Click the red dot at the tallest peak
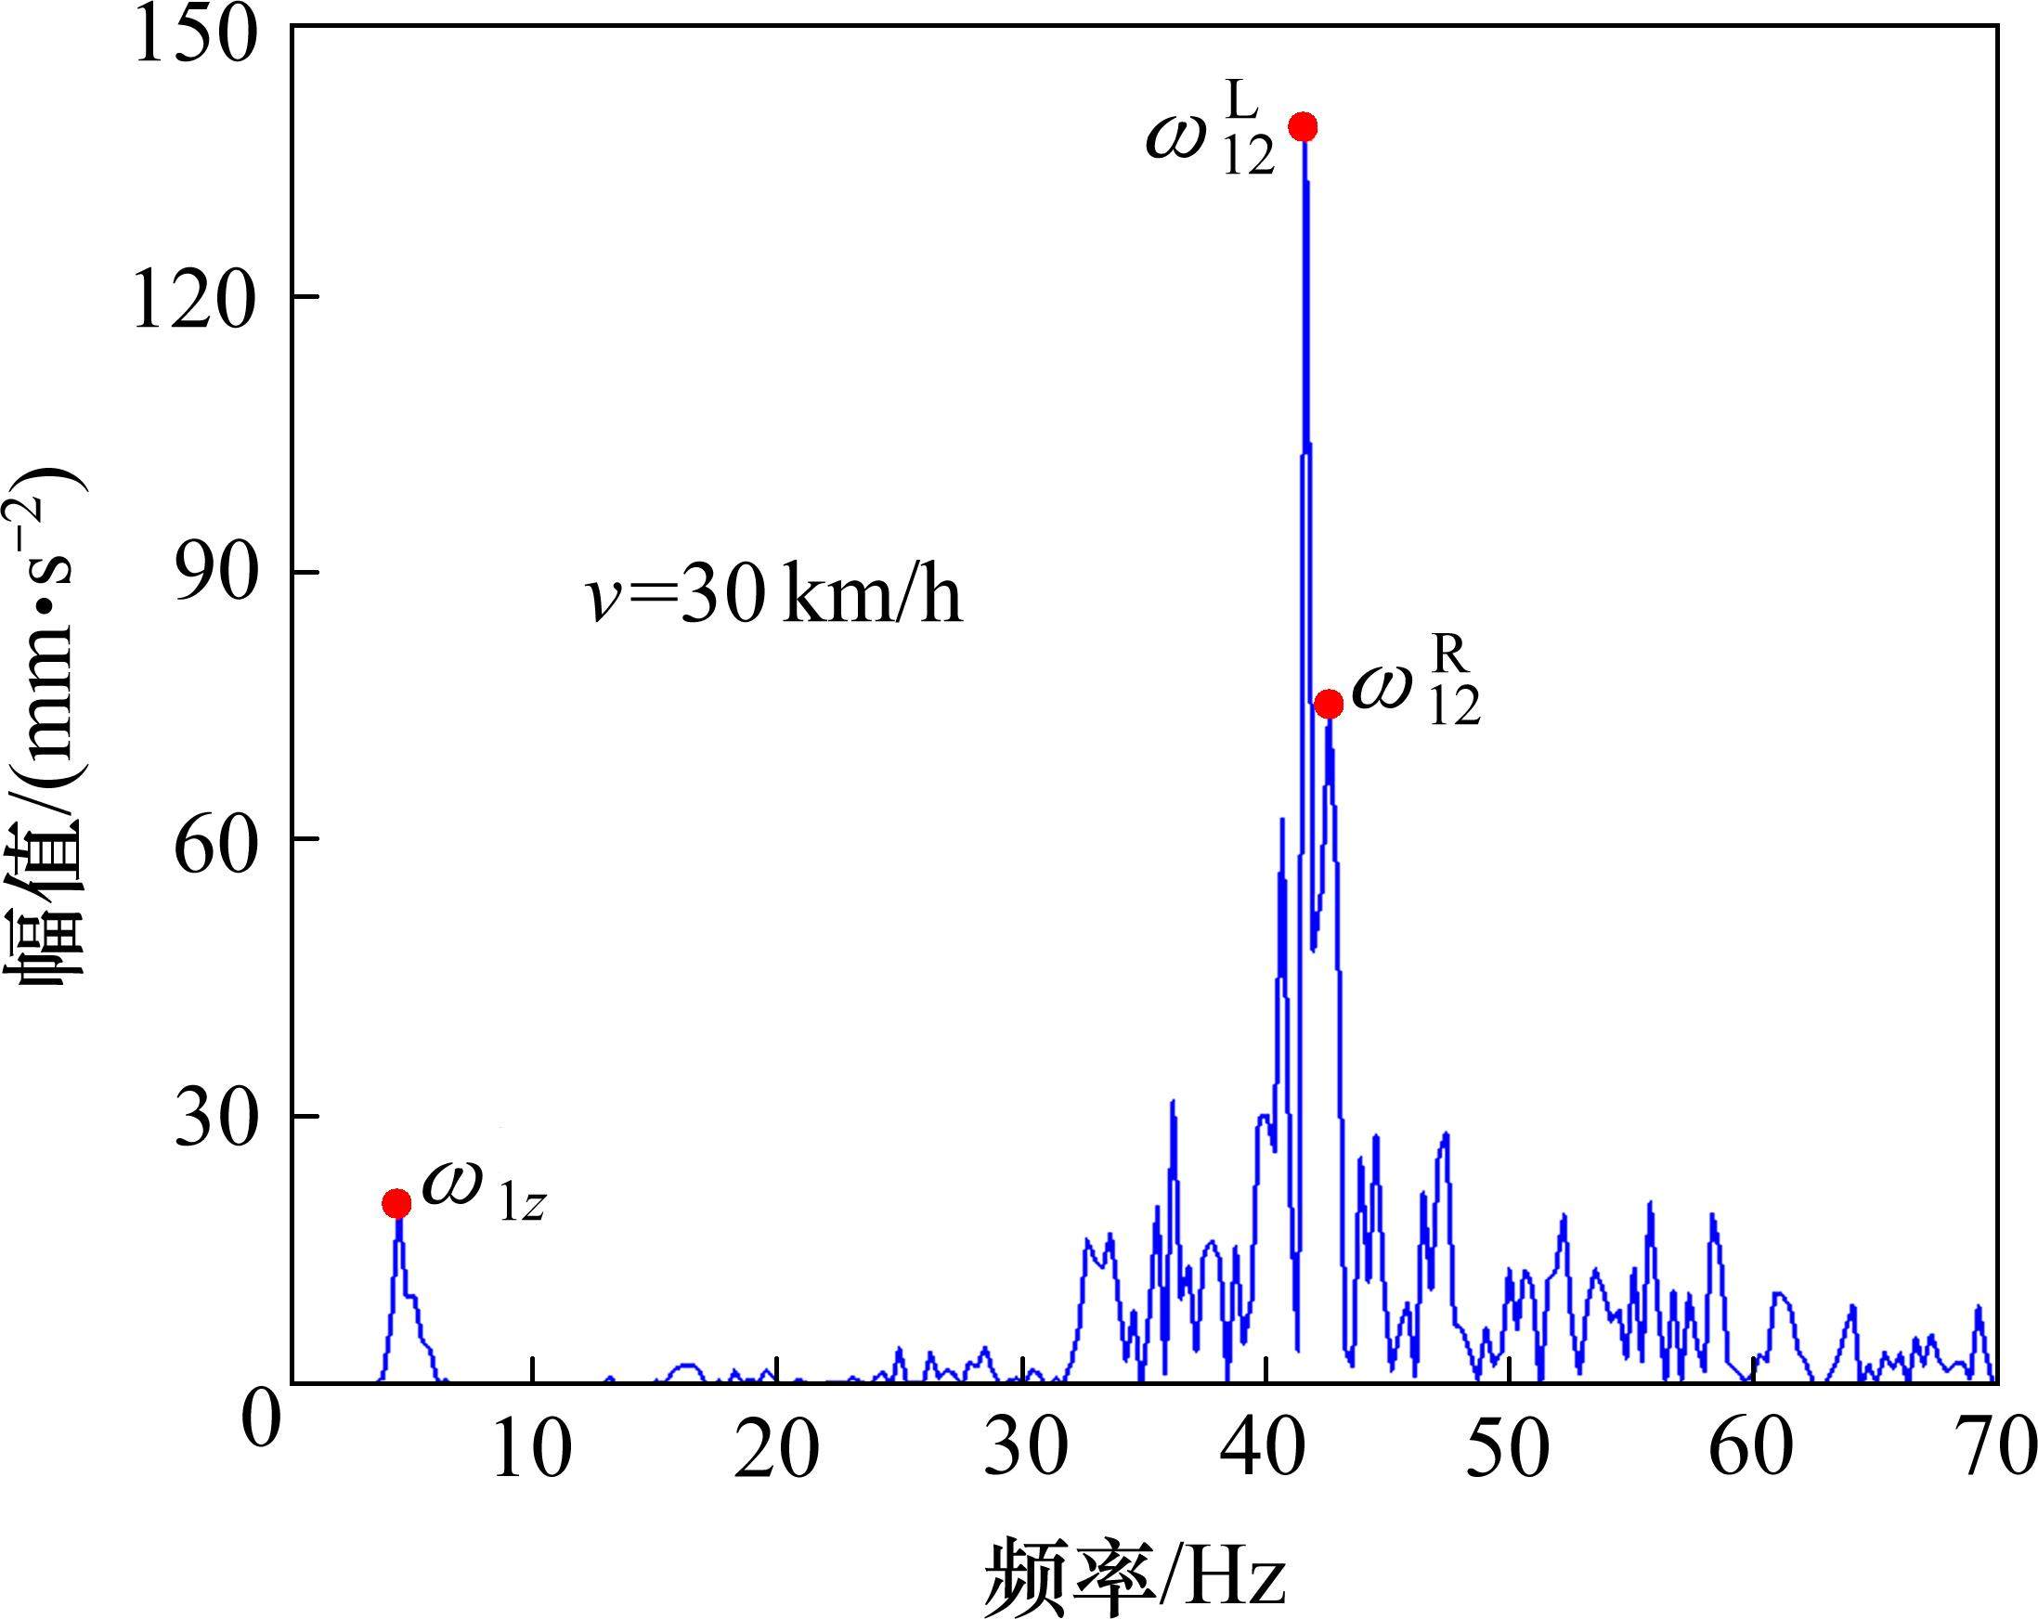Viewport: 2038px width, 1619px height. (1304, 126)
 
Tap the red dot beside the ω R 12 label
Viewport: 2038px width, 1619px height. (1329, 703)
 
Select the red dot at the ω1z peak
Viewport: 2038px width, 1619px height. (397, 1203)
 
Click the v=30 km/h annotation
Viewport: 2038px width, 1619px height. (772, 597)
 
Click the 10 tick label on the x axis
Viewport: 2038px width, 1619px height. (532, 1449)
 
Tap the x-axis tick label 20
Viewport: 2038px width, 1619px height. (776, 1449)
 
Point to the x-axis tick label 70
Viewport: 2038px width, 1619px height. (1994, 1449)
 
